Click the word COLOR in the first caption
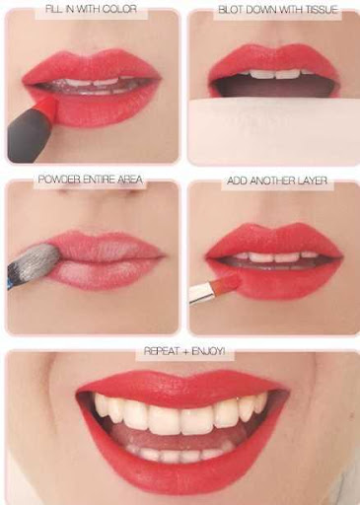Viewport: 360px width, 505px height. tap(119, 9)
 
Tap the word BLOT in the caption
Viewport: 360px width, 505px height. tap(230, 10)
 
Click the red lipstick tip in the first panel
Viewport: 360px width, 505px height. tap(46, 107)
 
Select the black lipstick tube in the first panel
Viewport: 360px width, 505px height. tap(29, 136)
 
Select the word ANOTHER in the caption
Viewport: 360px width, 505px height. tap(271, 180)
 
